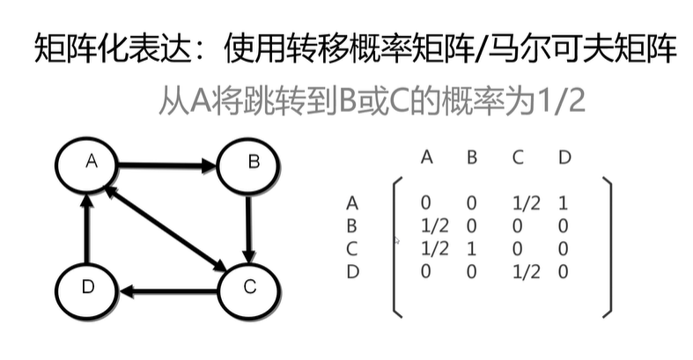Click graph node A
coord(88,164)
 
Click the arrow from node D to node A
coord(87,228)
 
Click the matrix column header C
coord(518,158)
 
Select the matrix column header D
coord(564,158)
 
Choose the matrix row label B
coord(353,227)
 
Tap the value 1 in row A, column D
coord(564,204)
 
